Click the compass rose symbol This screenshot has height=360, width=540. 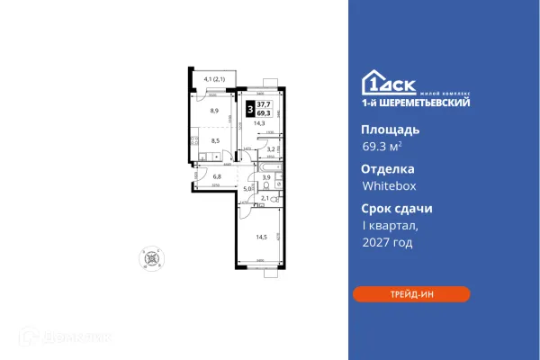[x=155, y=257]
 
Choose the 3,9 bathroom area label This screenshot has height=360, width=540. [x=267, y=178]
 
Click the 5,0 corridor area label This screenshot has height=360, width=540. [x=247, y=188]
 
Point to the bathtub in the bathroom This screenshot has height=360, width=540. [x=271, y=167]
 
